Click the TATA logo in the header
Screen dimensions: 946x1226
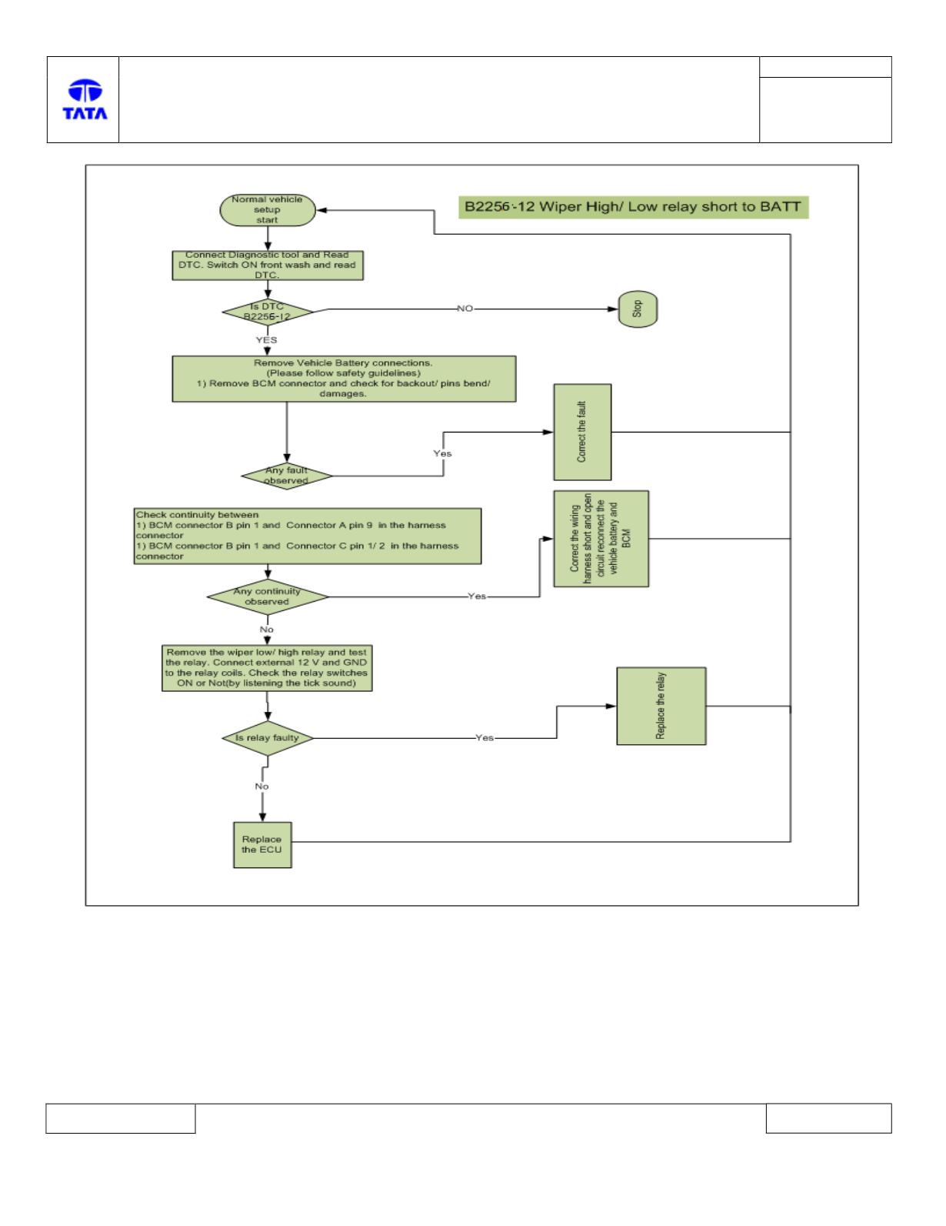pyautogui.click(x=85, y=99)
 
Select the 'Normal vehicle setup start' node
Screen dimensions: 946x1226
pyautogui.click(x=267, y=210)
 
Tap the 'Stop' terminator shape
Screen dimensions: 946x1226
pyautogui.click(x=638, y=309)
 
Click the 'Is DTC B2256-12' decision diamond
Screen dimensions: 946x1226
pyautogui.click(x=267, y=312)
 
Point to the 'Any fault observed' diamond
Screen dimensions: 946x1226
pyautogui.click(x=286, y=476)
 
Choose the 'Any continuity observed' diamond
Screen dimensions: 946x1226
pyautogui.click(x=267, y=596)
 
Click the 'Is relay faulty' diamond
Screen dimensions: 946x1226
pyautogui.click(x=267, y=738)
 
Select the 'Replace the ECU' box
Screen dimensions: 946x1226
pyautogui.click(x=262, y=844)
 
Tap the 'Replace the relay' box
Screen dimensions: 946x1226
pyautogui.click(x=661, y=706)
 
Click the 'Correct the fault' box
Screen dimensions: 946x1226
pyautogui.click(x=581, y=433)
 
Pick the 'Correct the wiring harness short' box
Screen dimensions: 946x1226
pyautogui.click(x=601, y=538)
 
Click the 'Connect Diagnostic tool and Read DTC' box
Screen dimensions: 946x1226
pyautogui.click(x=267, y=266)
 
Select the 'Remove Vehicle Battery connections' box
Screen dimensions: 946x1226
pyautogui.click(x=344, y=379)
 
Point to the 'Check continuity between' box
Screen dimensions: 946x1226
pyautogui.click(x=307, y=536)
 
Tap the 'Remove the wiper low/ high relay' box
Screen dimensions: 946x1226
pyautogui.click(x=267, y=668)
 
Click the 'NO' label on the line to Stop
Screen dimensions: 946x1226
pyautogui.click(x=465, y=309)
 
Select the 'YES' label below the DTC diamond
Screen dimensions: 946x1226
pyautogui.click(x=266, y=339)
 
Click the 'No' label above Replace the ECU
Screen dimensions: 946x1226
pyautogui.click(x=261, y=786)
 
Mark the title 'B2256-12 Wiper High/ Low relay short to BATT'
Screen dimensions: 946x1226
pyautogui.click(x=633, y=207)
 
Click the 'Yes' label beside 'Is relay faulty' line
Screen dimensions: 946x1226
pyautogui.click(x=485, y=737)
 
